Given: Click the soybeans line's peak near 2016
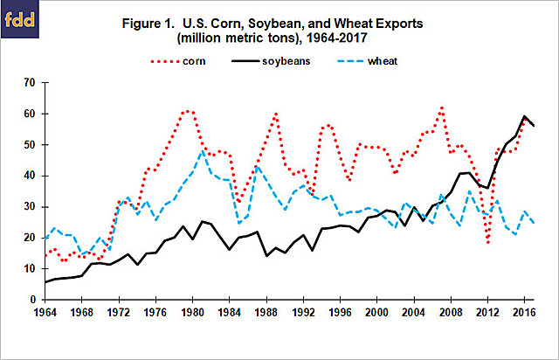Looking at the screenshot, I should click(524, 116).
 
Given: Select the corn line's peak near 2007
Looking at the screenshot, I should click(443, 107).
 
